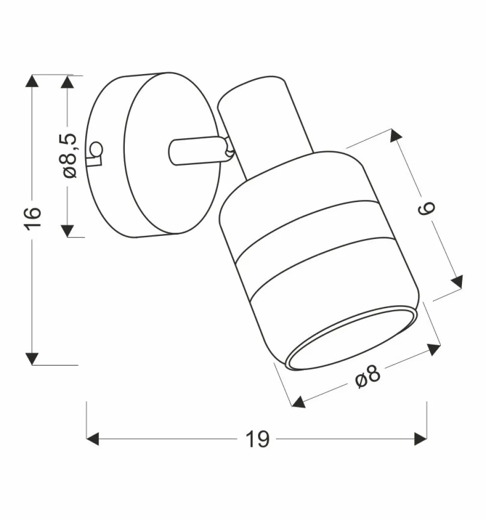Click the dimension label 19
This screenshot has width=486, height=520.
pyautogui.click(x=258, y=439)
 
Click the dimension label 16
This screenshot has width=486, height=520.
pyautogui.click(x=33, y=218)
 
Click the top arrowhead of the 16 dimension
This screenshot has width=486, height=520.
pyautogui.click(x=33, y=81)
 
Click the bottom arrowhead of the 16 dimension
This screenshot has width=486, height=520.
pyautogui.click(x=33, y=359)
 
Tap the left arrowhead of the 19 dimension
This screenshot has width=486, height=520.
pyautogui.click(x=93, y=439)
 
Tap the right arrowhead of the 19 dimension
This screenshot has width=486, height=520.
pyautogui.click(x=420, y=439)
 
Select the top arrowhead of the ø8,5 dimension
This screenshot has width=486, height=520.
pyautogui.click(x=68, y=82)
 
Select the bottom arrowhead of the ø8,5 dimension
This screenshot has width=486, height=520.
pyautogui.click(x=68, y=230)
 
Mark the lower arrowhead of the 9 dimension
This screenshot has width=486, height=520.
pyautogui.click(x=457, y=282)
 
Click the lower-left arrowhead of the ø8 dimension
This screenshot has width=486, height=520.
pyautogui.click(x=299, y=402)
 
